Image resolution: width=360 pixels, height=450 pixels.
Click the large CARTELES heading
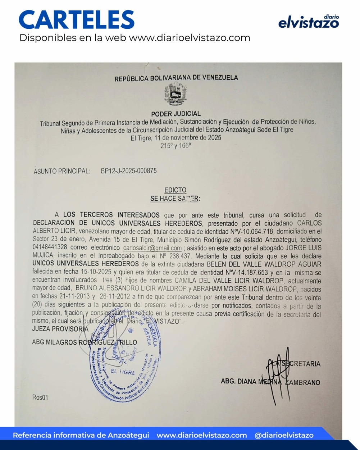[x=77, y=20]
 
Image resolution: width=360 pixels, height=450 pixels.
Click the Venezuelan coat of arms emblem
[x=176, y=94]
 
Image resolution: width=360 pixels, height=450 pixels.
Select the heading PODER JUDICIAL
[x=176, y=114]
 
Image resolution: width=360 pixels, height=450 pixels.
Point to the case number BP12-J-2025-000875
[x=129, y=171]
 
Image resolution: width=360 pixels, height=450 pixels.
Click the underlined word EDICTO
[x=175, y=190]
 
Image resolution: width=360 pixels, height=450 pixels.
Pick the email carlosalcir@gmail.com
[x=152, y=248]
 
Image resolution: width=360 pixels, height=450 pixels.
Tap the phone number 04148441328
[x=50, y=247]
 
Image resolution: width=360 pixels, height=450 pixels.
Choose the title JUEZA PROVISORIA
[x=60, y=329]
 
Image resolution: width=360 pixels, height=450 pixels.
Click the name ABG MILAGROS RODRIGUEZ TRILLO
[x=85, y=342]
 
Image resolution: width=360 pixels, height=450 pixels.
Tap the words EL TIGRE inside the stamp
[x=123, y=372]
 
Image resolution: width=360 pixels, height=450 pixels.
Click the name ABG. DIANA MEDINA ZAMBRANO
[x=270, y=382]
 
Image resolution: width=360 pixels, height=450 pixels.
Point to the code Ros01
[x=40, y=397]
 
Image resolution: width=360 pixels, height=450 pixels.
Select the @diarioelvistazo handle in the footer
[x=284, y=435]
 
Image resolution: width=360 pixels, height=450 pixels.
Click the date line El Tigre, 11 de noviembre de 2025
[x=176, y=138]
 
